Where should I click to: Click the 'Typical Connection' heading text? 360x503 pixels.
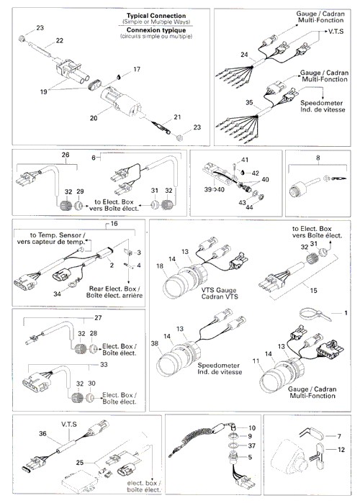pyautogui.click(x=156, y=16)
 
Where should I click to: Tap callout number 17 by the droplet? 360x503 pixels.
pyautogui.click(x=137, y=69)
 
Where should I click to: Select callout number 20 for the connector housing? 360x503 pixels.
pyautogui.click(x=94, y=118)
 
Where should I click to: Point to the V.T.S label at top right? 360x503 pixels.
pyautogui.click(x=336, y=32)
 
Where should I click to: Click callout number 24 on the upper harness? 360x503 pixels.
pyautogui.click(x=244, y=55)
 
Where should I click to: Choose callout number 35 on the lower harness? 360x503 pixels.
pyautogui.click(x=249, y=103)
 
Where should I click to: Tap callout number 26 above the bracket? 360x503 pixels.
pyautogui.click(x=66, y=155)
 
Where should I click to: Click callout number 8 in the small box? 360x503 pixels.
pyautogui.click(x=318, y=158)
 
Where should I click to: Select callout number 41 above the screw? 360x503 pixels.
pyautogui.click(x=245, y=160)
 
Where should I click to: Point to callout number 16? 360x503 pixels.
pyautogui.click(x=114, y=224)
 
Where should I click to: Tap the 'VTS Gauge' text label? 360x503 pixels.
pyautogui.click(x=219, y=290)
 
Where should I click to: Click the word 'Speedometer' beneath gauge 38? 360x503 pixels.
pyautogui.click(x=218, y=366)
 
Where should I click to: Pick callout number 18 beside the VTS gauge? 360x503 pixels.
pyautogui.click(x=160, y=266)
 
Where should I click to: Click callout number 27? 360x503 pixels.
pyautogui.click(x=98, y=318)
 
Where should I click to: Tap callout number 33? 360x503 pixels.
pyautogui.click(x=104, y=365)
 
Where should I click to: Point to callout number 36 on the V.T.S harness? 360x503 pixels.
pyautogui.click(x=42, y=434)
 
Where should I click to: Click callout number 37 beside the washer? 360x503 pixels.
pyautogui.click(x=251, y=446)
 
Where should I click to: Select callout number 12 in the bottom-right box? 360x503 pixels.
pyautogui.click(x=341, y=450)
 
